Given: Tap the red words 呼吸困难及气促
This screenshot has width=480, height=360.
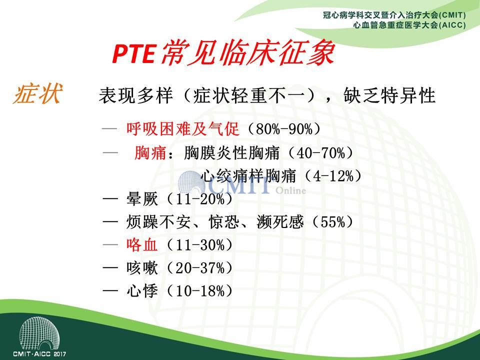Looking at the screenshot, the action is (183, 129).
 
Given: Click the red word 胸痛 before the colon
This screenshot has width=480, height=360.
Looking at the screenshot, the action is (150, 153).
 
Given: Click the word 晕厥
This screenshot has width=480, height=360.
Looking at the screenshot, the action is (142, 199).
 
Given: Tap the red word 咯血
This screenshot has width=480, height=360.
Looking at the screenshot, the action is (142, 245).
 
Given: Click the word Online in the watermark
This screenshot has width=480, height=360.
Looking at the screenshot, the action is (290, 190).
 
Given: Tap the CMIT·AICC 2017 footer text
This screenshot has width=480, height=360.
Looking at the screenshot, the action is (39, 354).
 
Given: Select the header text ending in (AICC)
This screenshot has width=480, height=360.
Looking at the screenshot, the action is (409, 25).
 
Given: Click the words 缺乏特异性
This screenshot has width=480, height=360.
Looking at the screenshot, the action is (389, 95).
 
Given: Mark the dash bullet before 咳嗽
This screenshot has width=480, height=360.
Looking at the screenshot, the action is (110, 268).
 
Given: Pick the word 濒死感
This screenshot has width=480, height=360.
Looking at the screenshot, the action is (280, 222).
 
